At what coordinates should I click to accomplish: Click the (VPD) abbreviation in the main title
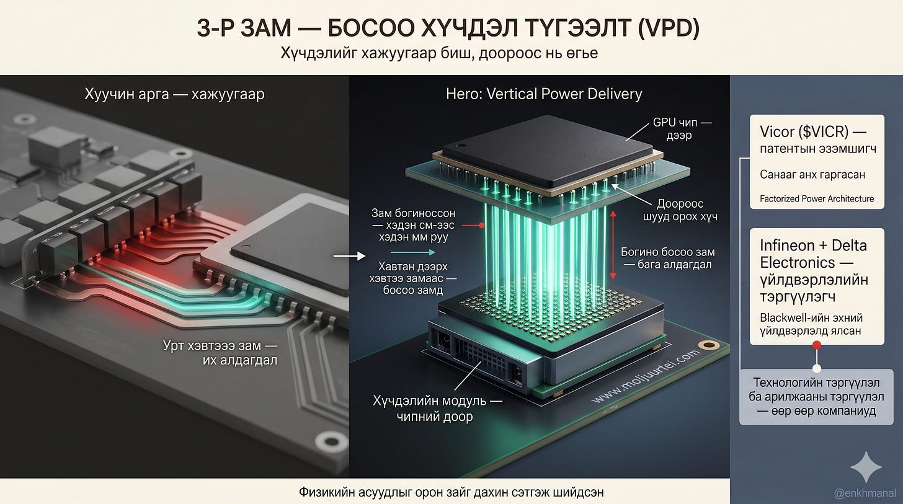[668, 28]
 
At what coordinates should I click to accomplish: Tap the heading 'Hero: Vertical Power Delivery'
[544, 94]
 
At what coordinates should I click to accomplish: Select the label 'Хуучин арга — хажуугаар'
[174, 94]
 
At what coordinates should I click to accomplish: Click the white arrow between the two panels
[349, 256]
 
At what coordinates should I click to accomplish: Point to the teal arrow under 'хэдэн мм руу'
[413, 252]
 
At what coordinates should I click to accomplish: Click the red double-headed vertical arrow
[613, 245]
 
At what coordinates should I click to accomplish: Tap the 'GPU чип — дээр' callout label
[682, 128]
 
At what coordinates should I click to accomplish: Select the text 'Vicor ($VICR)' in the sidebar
[804, 132]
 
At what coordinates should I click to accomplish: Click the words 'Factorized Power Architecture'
[817, 198]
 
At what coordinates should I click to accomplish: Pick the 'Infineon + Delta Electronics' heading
[813, 254]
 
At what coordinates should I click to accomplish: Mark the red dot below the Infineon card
[817, 345]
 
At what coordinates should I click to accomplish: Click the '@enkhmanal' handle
[865, 493]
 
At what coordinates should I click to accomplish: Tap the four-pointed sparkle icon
[866, 467]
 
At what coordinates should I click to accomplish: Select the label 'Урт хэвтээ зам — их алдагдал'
[220, 353]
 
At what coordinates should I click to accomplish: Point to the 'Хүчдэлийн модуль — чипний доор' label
[437, 408]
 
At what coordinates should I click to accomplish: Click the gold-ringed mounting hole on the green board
[709, 345]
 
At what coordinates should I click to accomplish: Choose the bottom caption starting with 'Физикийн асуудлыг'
[451, 492]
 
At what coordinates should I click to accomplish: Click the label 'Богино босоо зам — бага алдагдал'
[667, 259]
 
